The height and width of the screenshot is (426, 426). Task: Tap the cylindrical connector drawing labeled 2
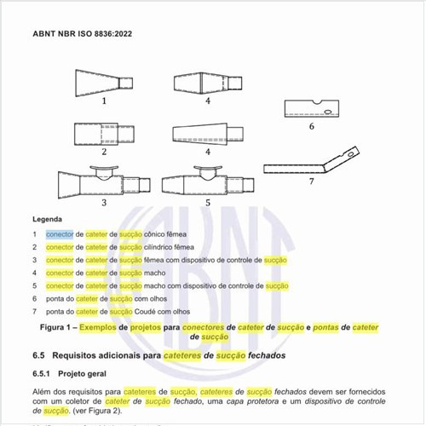(102, 135)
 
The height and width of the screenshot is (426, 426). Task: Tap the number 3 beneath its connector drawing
(103, 203)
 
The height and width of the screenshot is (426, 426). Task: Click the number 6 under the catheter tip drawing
(312, 126)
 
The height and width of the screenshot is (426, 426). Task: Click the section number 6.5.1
(44, 374)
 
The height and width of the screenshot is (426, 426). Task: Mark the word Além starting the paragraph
(43, 391)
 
